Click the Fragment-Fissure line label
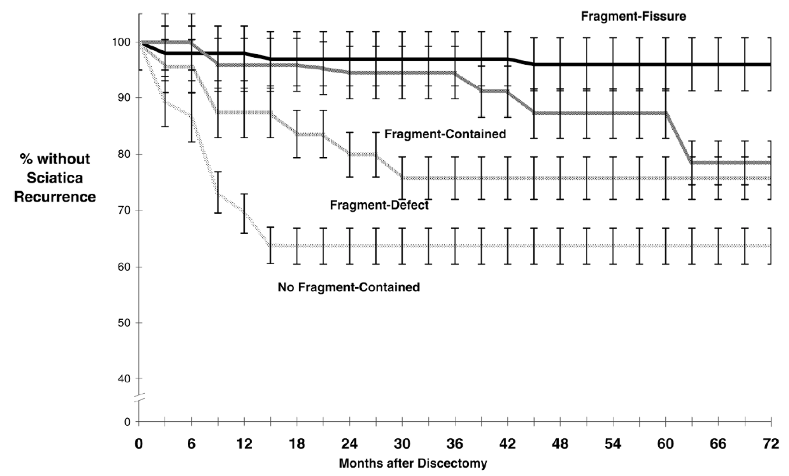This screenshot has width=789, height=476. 633,17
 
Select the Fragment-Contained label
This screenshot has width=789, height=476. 445,134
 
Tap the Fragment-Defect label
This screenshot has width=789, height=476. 379,205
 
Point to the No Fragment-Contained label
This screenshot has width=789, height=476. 349,287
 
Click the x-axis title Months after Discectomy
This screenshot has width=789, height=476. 413,463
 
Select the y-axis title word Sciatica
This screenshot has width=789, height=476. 55,178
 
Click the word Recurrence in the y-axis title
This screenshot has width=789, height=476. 55,197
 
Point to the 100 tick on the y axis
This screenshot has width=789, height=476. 121,42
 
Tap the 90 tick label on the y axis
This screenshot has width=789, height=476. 123,98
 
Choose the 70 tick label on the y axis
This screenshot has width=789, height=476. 123,211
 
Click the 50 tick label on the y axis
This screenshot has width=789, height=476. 123,323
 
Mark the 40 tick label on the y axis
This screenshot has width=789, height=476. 123,379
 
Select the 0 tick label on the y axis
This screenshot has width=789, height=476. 127,422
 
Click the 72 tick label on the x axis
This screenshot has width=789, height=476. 771,444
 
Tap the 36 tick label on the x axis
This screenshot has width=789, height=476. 455,444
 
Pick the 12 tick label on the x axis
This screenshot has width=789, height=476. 244,444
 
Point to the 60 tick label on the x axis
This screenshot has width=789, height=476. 665,444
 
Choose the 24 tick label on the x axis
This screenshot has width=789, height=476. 350,444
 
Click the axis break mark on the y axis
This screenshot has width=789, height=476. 139,398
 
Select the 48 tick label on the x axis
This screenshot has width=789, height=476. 560,444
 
